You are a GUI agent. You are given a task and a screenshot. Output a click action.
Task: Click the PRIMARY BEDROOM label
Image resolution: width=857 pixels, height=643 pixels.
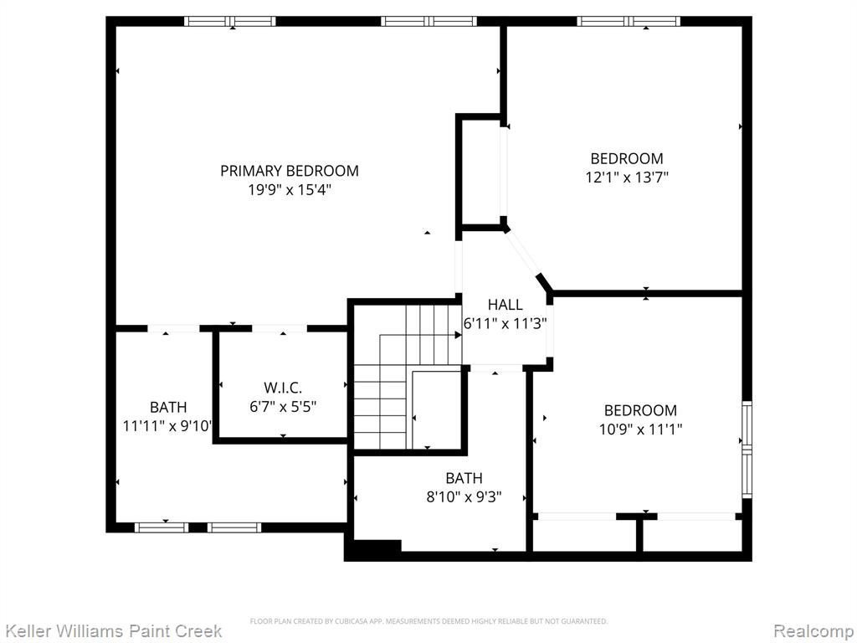coord(290,171)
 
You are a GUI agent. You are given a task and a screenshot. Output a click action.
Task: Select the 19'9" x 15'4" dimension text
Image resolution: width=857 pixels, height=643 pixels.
coord(290,190)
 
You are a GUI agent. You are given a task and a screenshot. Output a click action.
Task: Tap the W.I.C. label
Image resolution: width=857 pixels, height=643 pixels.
coord(283,388)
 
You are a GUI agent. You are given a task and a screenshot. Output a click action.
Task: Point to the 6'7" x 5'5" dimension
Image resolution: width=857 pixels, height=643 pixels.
coord(283,407)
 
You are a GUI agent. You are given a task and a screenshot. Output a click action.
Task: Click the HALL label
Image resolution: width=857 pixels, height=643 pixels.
coord(505,305)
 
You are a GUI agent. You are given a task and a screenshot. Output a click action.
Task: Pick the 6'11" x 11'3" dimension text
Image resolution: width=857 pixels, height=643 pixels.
coord(505,324)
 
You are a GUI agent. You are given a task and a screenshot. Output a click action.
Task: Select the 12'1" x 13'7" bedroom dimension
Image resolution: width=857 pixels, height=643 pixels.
coord(627,177)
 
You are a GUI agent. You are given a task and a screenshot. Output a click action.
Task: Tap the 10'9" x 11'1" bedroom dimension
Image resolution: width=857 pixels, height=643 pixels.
coord(640,430)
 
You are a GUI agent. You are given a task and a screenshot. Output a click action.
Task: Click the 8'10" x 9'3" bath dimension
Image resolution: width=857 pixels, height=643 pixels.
coord(464,497)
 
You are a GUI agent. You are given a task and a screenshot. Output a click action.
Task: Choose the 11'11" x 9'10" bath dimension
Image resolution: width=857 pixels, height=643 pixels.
coord(167,426)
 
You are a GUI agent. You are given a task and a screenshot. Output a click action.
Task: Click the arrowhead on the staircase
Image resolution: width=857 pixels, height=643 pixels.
coord(458,335)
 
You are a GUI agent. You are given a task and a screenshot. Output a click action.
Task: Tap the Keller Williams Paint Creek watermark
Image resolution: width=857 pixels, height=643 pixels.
coord(114,631)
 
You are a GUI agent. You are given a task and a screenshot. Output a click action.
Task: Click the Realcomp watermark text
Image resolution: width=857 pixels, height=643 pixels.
coord(813,631)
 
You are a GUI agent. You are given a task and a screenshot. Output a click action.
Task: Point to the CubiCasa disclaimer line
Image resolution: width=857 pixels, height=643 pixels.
coord(428,621)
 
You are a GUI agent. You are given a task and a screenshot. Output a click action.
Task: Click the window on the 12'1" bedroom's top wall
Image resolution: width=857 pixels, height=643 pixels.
coord(629,21)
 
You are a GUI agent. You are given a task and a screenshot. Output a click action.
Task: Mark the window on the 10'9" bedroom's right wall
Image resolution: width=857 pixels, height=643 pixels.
coord(747,450)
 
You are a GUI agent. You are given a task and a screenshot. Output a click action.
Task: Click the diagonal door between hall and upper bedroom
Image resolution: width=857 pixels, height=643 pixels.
coord(523,254)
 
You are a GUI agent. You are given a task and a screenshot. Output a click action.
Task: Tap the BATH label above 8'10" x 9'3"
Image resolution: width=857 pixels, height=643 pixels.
coord(464,478)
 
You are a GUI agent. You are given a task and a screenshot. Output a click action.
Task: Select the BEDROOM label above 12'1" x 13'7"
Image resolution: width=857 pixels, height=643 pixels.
coord(627,158)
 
